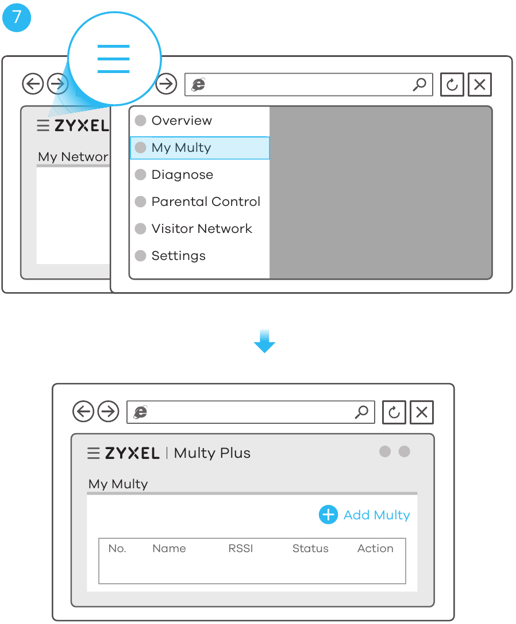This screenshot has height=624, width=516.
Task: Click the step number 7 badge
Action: [x=16, y=17]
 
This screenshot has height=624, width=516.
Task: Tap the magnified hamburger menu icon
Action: [x=113, y=59]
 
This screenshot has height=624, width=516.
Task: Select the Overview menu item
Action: [x=182, y=120]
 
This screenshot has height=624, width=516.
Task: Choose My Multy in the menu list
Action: [x=181, y=148]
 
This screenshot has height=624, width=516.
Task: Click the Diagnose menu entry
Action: [x=182, y=175]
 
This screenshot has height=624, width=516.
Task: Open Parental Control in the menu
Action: [x=206, y=201]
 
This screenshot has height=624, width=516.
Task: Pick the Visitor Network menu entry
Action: [x=202, y=228]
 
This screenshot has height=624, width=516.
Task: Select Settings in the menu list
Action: [x=179, y=255]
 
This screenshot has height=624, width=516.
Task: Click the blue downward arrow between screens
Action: [x=264, y=341]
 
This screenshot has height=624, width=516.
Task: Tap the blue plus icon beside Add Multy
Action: [x=328, y=515]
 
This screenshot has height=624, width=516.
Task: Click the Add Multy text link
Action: [x=376, y=515]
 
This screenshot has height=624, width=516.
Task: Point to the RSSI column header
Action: [x=241, y=549]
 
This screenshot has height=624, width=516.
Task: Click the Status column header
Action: [x=310, y=549]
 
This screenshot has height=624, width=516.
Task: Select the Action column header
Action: [x=375, y=549]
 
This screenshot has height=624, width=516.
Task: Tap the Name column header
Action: [x=169, y=549]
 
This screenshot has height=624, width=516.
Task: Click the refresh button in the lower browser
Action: [x=394, y=412]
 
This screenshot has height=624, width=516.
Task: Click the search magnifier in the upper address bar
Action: [x=419, y=85]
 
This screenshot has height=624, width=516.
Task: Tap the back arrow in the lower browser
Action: [x=83, y=411]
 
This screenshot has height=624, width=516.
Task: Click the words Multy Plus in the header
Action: [x=212, y=453]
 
